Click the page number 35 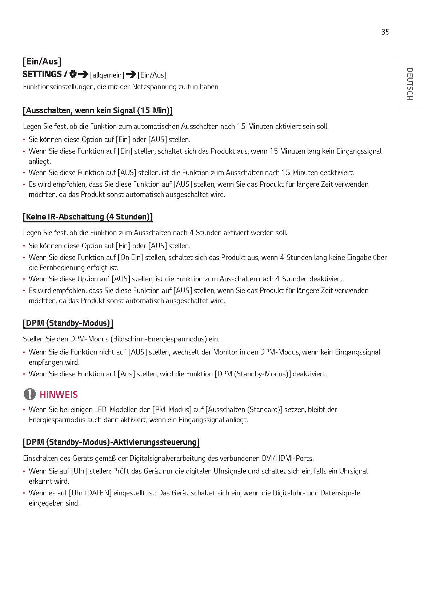click(x=385, y=32)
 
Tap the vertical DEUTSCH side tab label click(x=409, y=84)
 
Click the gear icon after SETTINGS click(x=73, y=74)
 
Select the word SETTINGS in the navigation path click(x=42, y=74)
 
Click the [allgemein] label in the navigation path click(x=107, y=75)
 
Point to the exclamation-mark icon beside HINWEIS click(x=30, y=394)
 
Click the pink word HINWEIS click(x=59, y=395)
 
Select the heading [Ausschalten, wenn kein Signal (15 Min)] click(x=97, y=111)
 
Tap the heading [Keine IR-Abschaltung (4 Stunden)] click(x=88, y=217)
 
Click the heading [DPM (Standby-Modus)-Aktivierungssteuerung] click(x=111, y=442)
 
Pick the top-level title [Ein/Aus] click(x=42, y=61)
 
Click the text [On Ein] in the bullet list click(x=130, y=257)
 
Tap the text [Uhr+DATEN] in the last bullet click(x=90, y=493)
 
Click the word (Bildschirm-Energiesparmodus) click(x=159, y=339)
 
